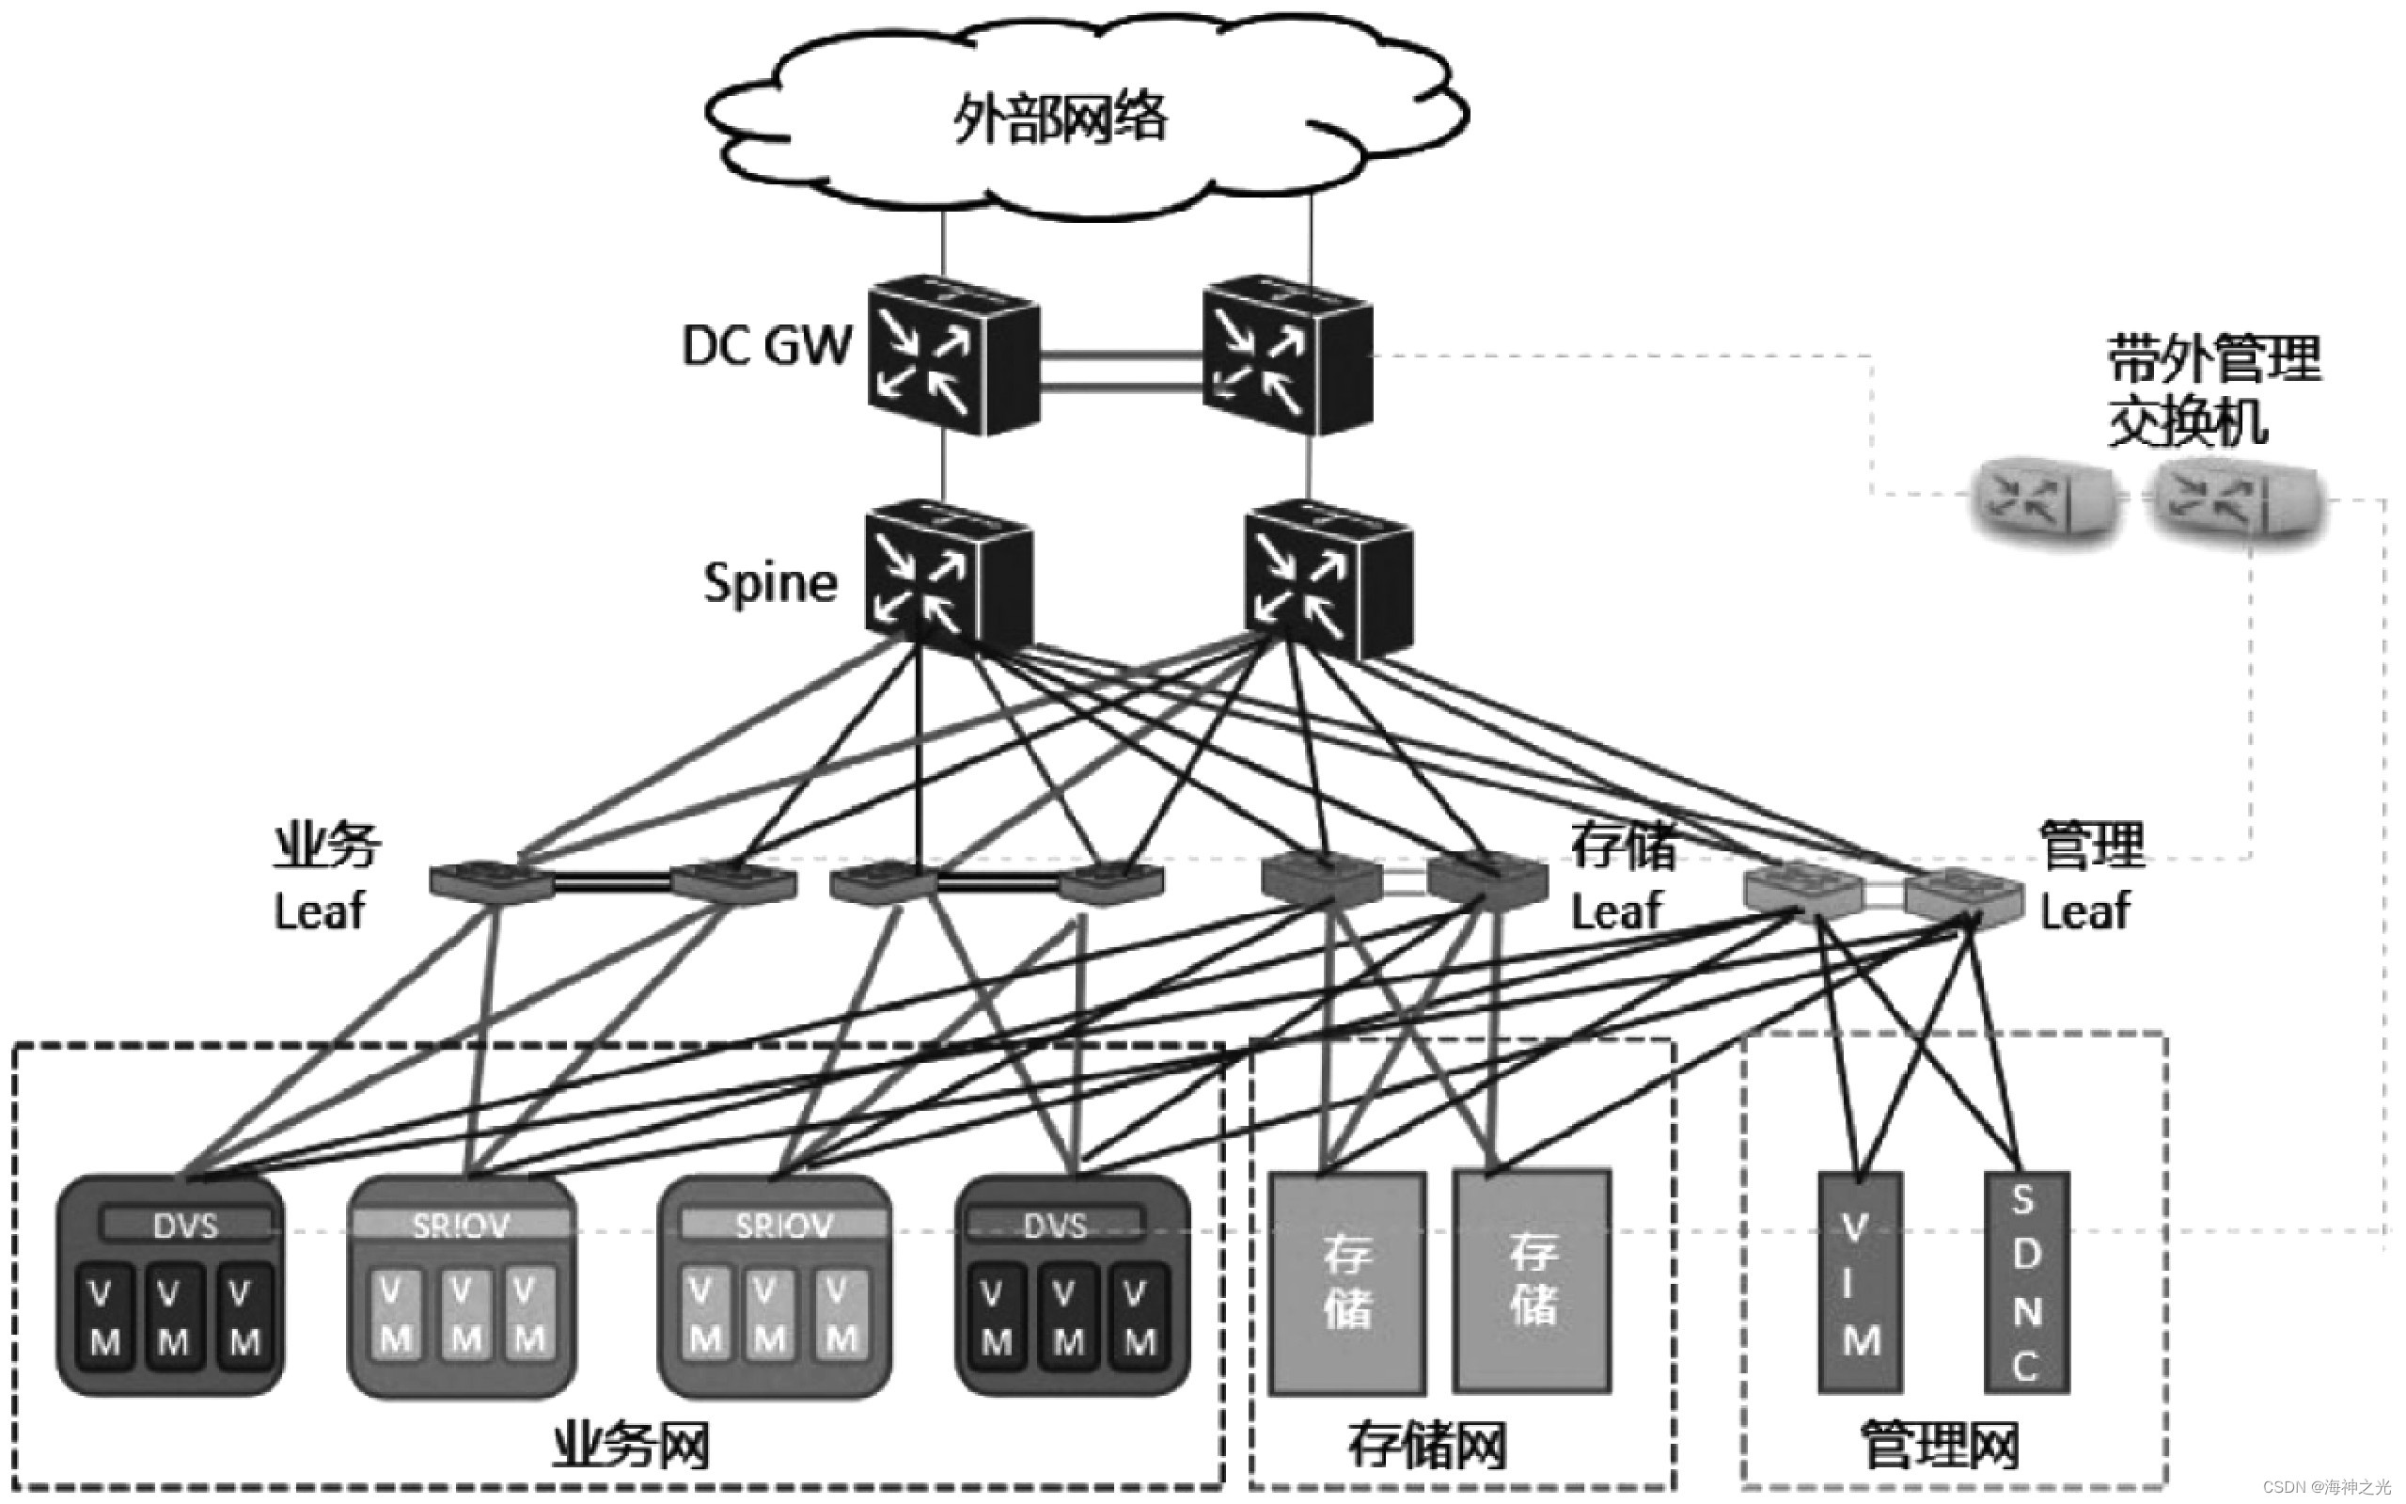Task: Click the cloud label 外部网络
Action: (x=1060, y=119)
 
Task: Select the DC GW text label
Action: (x=766, y=346)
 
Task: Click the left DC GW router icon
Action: (x=952, y=356)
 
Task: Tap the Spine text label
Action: (x=771, y=582)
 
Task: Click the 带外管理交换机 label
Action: (x=2212, y=391)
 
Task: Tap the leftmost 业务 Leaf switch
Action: (x=490, y=881)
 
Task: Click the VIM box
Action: (x=1859, y=1283)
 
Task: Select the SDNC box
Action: (x=2026, y=1283)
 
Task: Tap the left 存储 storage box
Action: (x=1347, y=1283)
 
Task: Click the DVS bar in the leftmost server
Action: (x=186, y=1225)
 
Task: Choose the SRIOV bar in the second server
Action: (x=461, y=1225)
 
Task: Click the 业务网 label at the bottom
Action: (x=630, y=1447)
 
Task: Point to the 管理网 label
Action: (x=1939, y=1447)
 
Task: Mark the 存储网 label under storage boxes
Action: (x=1426, y=1447)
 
